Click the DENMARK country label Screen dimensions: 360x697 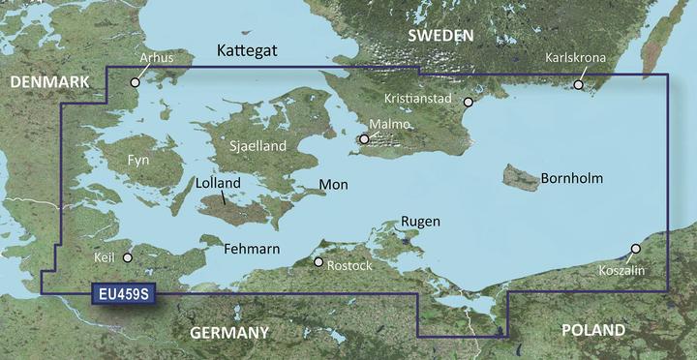48,85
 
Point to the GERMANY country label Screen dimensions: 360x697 228,333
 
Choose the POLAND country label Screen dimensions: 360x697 592,331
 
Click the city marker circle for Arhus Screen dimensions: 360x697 136,82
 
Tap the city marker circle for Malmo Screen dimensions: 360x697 364,140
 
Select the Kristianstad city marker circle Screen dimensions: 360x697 468,102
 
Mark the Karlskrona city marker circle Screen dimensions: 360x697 579,85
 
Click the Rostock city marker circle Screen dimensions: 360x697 318,261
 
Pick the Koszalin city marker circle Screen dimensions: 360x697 636,249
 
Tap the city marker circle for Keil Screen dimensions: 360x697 127,257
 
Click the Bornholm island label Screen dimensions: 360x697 572,179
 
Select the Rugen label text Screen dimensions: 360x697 420,222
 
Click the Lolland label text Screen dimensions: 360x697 218,181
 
